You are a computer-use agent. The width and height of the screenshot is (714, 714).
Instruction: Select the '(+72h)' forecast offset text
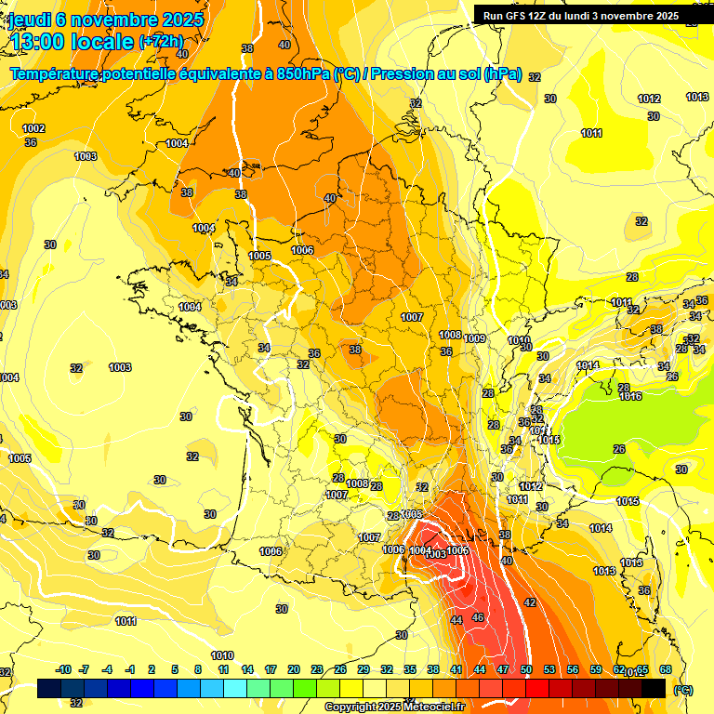(162, 42)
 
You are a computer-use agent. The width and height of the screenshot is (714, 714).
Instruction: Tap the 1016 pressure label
(630, 397)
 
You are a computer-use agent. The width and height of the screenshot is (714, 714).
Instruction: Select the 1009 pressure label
(475, 338)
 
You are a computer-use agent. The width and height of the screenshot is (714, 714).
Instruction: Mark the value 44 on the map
(456, 620)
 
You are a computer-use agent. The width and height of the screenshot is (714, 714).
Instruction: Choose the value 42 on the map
(530, 603)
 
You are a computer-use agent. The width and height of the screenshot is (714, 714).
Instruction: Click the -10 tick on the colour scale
(63, 670)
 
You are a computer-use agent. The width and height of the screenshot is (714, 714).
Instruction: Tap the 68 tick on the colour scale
(666, 670)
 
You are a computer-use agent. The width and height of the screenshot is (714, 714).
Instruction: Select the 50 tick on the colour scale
(526, 670)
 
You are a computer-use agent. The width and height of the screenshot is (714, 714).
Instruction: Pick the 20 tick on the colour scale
(294, 670)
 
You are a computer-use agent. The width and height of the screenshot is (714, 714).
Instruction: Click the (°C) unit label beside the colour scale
(683, 689)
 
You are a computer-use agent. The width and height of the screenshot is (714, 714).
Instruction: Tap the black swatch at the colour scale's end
(654, 688)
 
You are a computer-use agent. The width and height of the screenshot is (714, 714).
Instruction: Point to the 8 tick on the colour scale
(198, 670)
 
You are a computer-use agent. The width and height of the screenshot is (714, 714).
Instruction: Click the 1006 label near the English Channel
(302, 250)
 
